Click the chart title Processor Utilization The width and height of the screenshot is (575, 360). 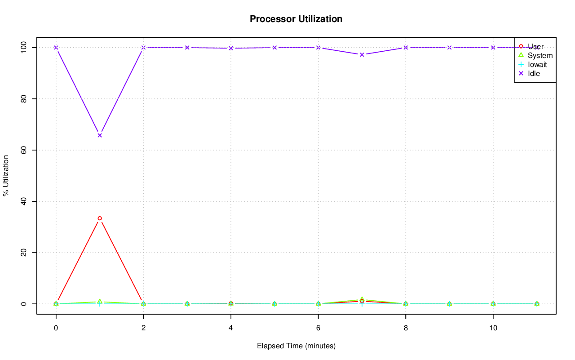[296, 19]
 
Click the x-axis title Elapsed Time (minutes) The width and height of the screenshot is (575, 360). [296, 346]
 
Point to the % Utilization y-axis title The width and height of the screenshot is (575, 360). [6, 176]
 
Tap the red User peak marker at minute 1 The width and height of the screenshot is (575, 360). [100, 218]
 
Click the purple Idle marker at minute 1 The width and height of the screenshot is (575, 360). [100, 135]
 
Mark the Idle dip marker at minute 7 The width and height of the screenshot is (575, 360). [362, 55]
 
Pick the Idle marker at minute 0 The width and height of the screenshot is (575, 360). [56, 48]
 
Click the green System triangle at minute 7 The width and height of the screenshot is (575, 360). [362, 299]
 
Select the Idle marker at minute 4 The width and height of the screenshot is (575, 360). [231, 48]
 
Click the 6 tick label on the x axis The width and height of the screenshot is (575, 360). [318, 329]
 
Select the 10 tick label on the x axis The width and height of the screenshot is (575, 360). [493, 329]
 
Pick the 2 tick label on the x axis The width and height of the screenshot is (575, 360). [143, 329]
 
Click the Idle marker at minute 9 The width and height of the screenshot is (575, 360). [449, 48]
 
